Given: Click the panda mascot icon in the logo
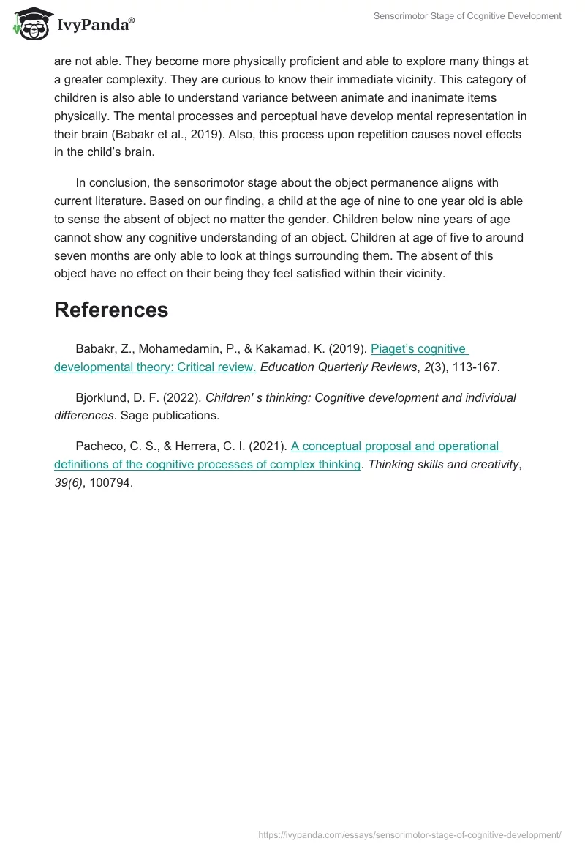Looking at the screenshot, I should point(29,23).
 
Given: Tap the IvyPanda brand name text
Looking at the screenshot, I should point(95,24).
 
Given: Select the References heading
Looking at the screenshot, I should point(111,310).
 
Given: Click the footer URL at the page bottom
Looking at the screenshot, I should point(410,834).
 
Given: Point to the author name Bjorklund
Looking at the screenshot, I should point(102,397).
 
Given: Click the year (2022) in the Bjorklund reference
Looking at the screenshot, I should point(182,397).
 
